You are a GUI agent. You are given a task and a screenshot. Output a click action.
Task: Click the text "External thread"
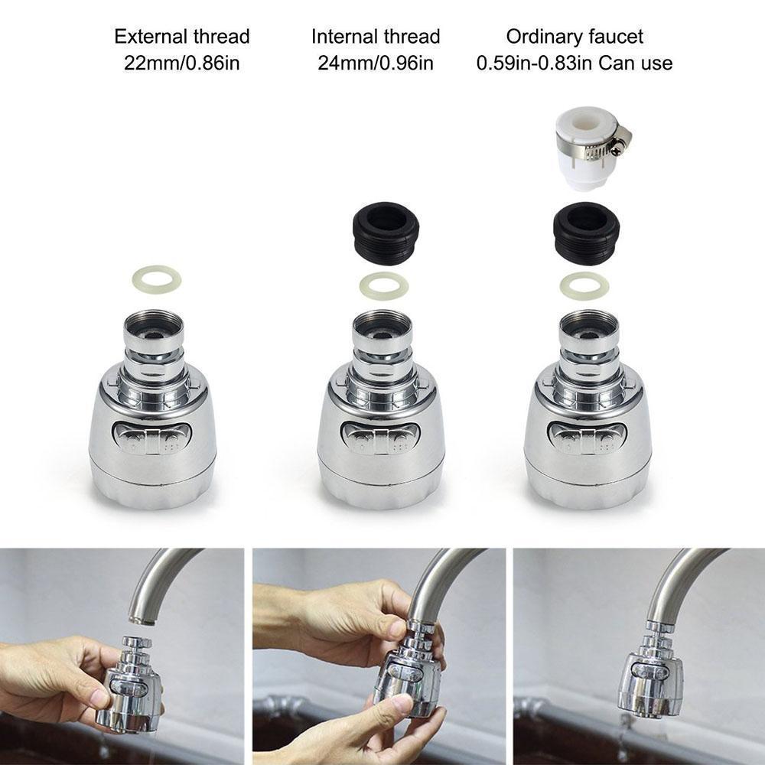pyautogui.click(x=182, y=36)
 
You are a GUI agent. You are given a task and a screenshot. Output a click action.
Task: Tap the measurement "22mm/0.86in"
pyautogui.click(x=182, y=62)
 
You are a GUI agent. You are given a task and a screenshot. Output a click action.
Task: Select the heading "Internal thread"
pyautogui.click(x=376, y=36)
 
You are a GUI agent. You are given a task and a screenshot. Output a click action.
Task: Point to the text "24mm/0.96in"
pyautogui.click(x=376, y=62)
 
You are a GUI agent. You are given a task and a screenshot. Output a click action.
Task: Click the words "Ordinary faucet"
pyautogui.click(x=575, y=36)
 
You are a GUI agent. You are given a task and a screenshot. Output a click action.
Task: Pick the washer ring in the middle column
pyautogui.click(x=383, y=285)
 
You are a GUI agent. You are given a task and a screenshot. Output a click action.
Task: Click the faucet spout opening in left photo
pyautogui.click(x=139, y=617)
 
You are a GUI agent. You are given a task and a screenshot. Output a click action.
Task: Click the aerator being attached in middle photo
pyautogui.click(x=409, y=673)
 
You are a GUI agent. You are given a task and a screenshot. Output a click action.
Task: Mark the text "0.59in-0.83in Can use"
pyautogui.click(x=575, y=62)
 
